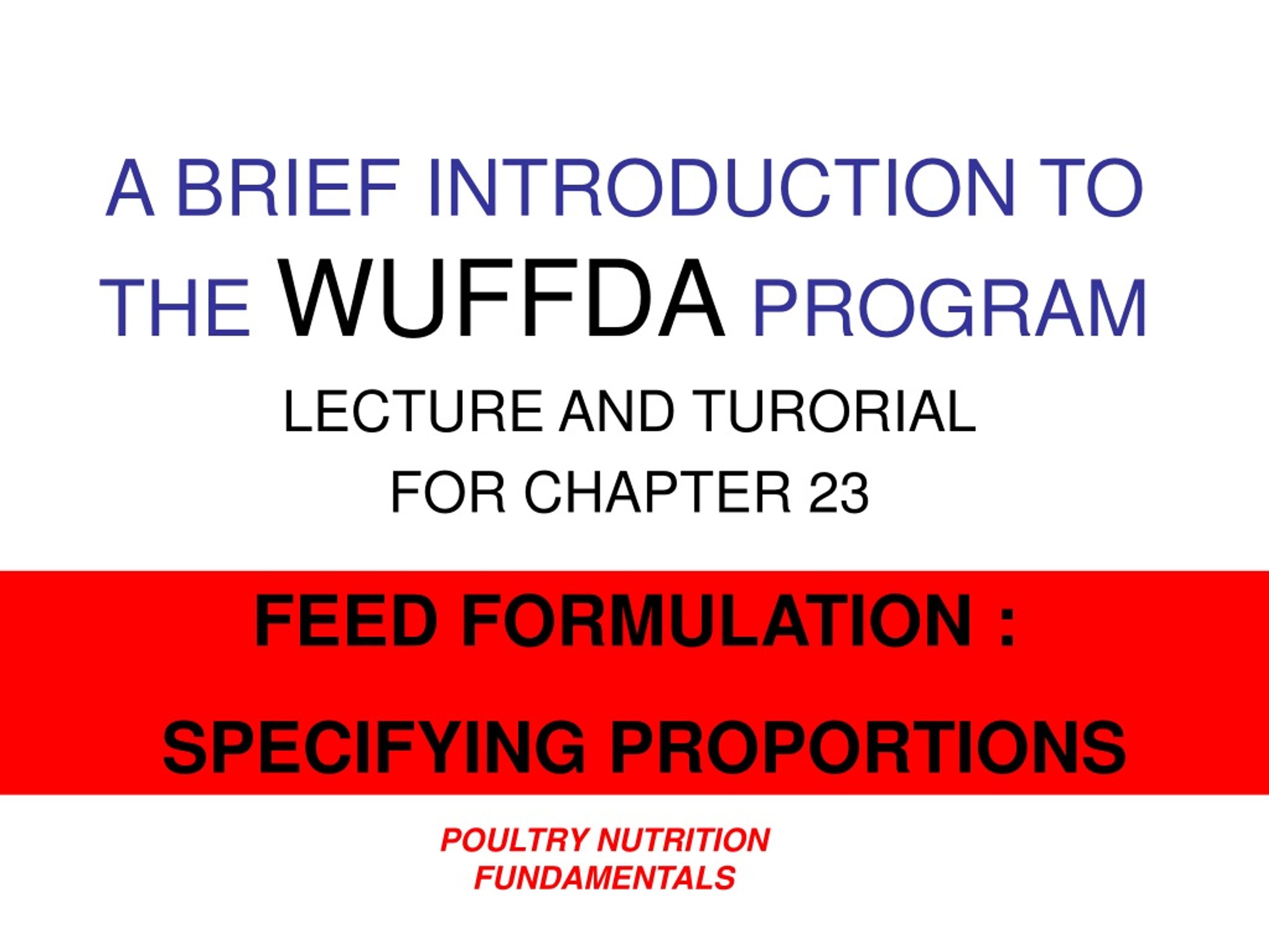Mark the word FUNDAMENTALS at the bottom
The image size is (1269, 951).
(x=605, y=878)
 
